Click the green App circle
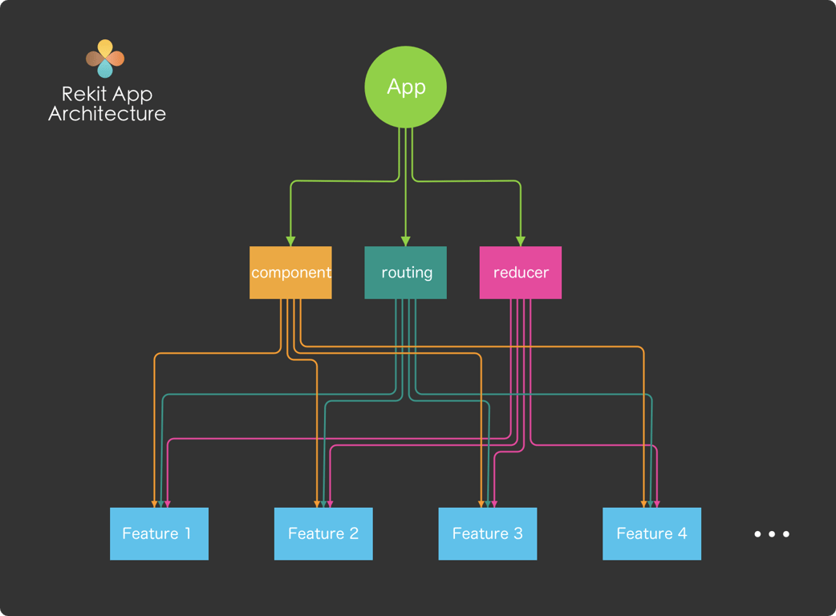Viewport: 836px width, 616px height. [405, 87]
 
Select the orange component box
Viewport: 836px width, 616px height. [290, 273]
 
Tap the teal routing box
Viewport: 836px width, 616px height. [405, 273]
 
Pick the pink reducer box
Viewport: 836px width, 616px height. [520, 273]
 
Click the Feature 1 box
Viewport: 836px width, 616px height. [159, 533]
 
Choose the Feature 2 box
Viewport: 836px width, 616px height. [323, 533]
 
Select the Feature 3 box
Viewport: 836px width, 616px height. [487, 533]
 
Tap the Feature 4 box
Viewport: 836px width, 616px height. [651, 533]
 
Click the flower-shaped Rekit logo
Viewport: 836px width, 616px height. [105, 59]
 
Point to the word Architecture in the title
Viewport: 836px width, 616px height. [107, 114]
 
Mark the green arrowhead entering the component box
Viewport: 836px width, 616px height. [290, 241]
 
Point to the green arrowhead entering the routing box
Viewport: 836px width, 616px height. [405, 241]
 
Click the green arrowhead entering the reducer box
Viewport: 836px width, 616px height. [520, 241]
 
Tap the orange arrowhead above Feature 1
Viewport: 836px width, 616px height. [154, 504]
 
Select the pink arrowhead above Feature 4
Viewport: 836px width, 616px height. [657, 504]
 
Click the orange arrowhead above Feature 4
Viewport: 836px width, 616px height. [643, 504]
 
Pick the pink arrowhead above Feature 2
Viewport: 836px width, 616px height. [330, 504]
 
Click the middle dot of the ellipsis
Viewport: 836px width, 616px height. [771, 533]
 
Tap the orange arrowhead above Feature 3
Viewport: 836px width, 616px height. [481, 504]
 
